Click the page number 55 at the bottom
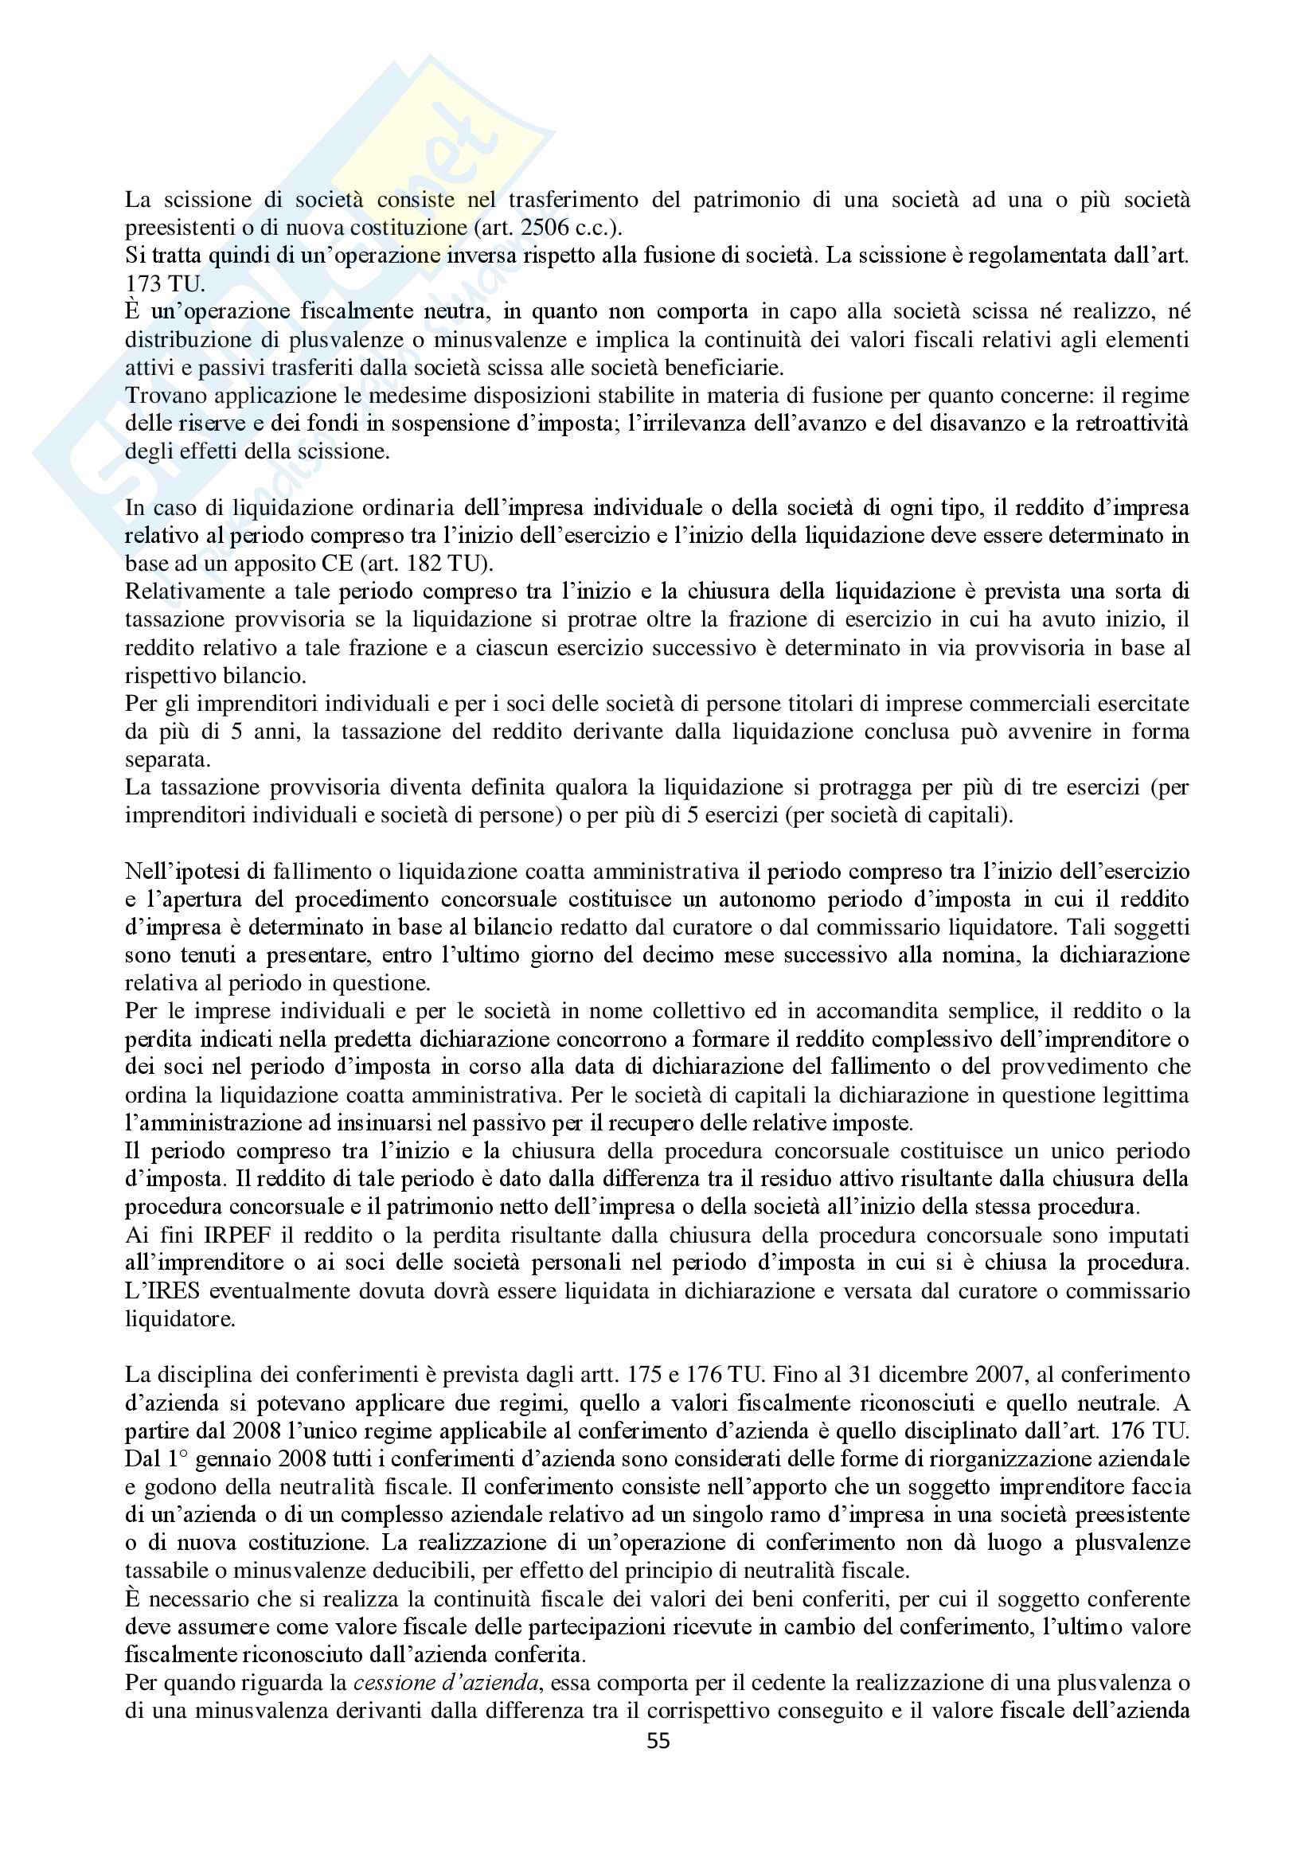pyautogui.click(x=658, y=1740)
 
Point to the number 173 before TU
pyautogui.click(x=143, y=284)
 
